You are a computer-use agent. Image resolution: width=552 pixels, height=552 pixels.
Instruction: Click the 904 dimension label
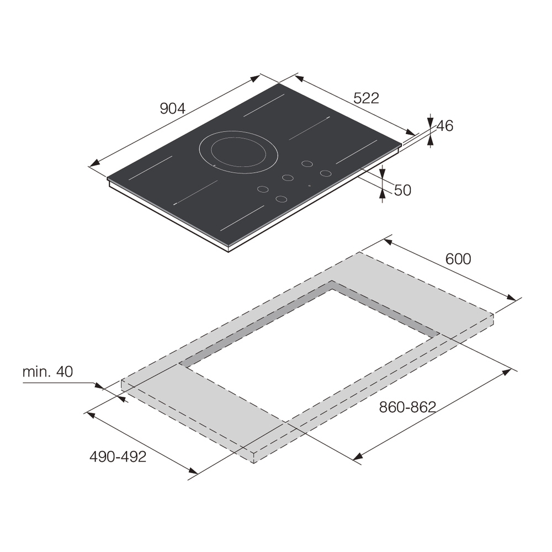[172, 109]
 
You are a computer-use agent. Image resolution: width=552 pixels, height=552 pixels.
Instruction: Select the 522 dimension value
[366, 98]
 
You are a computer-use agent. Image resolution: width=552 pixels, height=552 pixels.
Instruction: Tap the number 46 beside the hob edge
[444, 126]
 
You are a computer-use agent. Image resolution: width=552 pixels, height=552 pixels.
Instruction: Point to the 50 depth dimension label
[402, 190]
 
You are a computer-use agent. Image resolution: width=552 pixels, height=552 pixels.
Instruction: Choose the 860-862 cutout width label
[407, 407]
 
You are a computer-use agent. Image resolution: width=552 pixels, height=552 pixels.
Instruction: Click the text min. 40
[47, 371]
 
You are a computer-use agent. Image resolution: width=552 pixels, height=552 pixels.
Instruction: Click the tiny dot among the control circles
[310, 185]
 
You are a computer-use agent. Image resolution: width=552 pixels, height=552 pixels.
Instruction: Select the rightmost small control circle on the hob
[326, 173]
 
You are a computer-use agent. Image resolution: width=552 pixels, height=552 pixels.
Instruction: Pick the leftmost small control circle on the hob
[264, 189]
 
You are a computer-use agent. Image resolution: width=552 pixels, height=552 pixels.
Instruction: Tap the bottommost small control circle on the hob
[282, 198]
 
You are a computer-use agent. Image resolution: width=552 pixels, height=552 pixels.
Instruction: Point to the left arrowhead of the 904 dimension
[94, 162]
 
